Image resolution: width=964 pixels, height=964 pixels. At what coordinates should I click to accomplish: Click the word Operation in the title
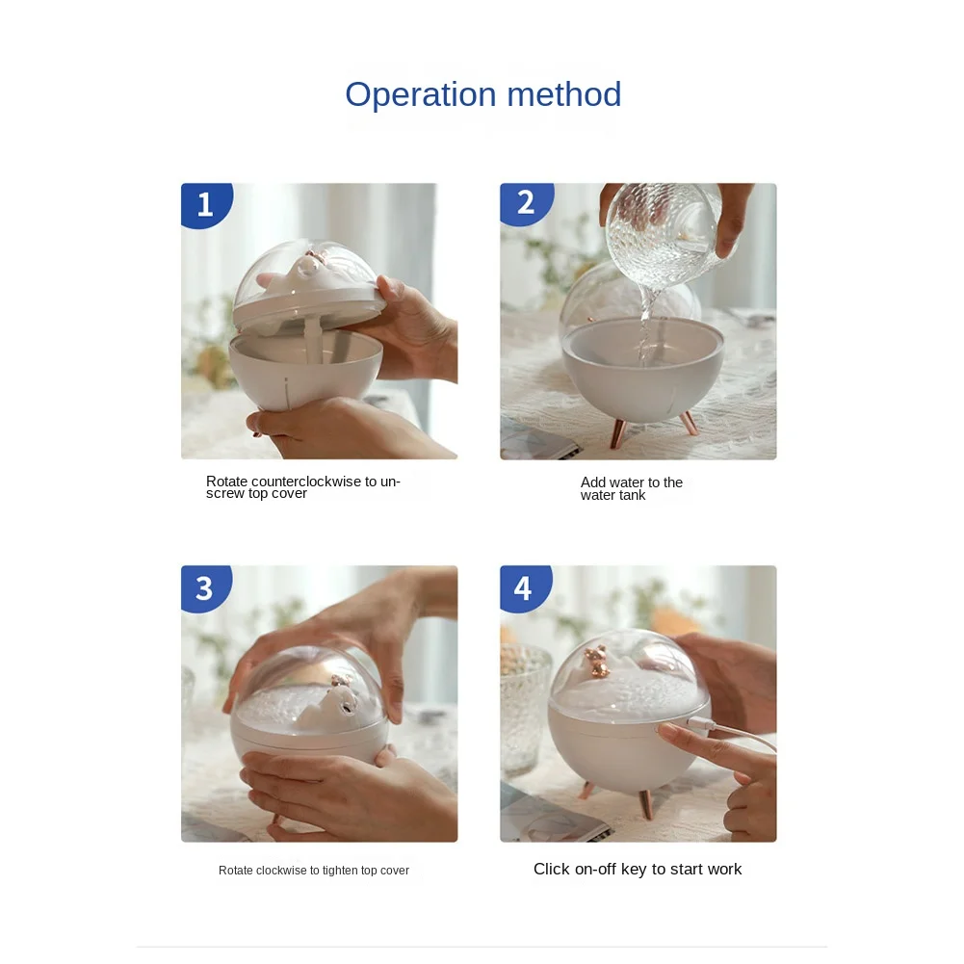421,95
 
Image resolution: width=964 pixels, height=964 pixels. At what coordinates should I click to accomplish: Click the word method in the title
564,94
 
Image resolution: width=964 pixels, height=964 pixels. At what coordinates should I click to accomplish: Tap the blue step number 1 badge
206,204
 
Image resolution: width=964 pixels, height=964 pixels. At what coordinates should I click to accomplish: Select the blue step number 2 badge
526,203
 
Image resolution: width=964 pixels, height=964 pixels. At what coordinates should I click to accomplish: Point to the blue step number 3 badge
205,587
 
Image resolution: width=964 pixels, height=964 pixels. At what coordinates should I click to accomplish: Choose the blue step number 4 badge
525,587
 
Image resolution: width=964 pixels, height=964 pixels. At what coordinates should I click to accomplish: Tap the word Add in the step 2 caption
592,482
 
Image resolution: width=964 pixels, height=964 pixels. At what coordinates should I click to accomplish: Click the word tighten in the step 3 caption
340,871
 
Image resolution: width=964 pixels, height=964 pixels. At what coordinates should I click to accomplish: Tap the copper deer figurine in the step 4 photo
596,662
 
